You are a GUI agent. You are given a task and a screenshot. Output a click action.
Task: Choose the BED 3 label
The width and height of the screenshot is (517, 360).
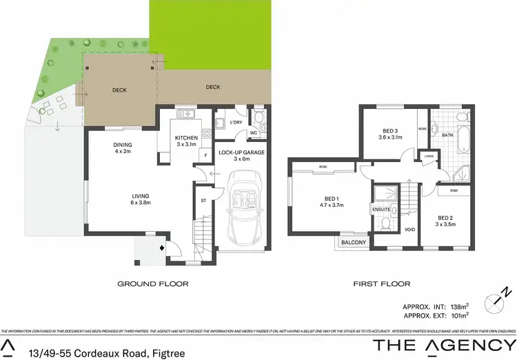pos(390,132)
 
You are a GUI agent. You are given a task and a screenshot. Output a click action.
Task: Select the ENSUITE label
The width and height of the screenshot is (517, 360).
pos(381,209)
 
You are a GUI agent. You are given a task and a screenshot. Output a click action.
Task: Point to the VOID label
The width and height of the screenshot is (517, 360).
pos(409,230)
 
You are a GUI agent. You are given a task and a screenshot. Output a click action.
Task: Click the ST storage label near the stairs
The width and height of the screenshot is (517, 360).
pos(203,201)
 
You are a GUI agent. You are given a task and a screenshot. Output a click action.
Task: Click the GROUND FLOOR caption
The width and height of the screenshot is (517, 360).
pos(153,283)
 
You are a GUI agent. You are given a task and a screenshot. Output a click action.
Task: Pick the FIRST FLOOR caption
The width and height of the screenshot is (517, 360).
pos(381,283)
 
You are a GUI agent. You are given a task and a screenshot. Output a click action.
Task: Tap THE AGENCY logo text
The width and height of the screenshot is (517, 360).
pos(444,344)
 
